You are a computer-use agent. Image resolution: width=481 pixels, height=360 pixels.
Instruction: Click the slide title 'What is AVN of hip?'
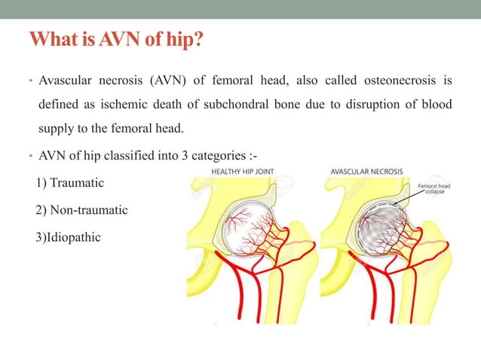pos(115,38)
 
